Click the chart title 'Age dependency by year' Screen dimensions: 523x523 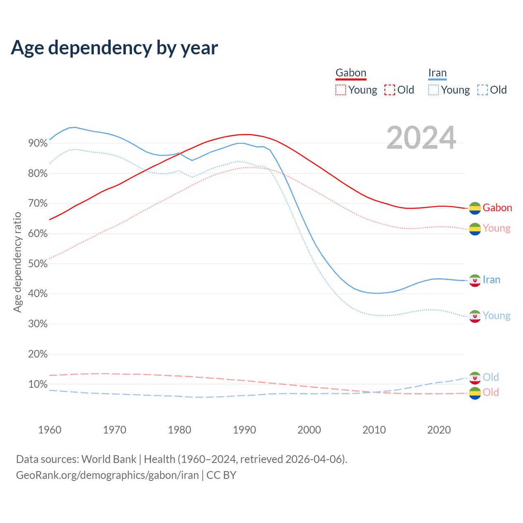tap(114, 48)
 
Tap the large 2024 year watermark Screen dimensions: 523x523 tap(421, 138)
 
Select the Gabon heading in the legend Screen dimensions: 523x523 tap(351, 73)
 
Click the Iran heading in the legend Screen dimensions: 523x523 tap(437, 73)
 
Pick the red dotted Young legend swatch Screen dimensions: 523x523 tap(340, 90)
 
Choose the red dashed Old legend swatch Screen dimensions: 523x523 tap(389, 90)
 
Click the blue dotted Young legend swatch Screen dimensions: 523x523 tap(433, 90)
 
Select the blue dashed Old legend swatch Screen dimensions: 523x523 tap(482, 90)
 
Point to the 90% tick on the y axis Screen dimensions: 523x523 tap(38, 143)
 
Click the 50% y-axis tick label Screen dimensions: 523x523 tap(38, 264)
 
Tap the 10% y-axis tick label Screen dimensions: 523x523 tap(38, 384)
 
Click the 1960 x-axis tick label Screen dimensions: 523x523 tap(49, 430)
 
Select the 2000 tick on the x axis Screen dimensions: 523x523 tap(309, 430)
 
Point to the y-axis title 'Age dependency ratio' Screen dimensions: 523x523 tap(17, 262)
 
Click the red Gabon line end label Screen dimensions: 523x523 tap(497, 208)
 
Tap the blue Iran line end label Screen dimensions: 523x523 tap(492, 279)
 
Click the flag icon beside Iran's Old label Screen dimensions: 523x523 tap(475, 378)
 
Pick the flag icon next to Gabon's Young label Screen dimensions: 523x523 tap(475, 229)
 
